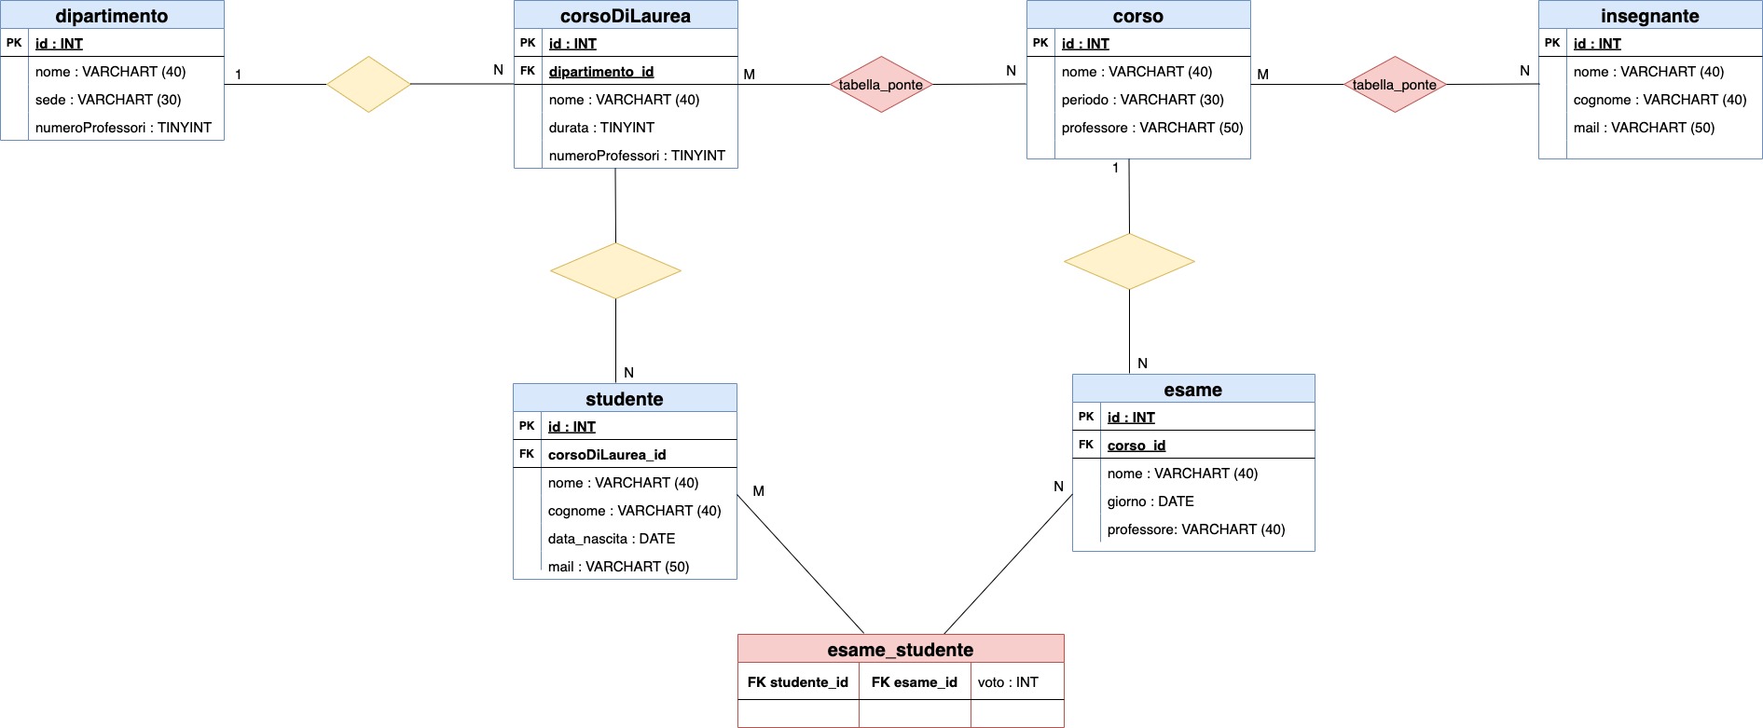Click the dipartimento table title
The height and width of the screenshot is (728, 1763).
tap(112, 16)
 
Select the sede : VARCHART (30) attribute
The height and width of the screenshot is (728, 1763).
tap(108, 100)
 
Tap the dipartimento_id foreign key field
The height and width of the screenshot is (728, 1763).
tap(601, 72)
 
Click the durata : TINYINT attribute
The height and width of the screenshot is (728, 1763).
tap(601, 128)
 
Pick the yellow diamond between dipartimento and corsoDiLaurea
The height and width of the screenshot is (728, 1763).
tap(369, 85)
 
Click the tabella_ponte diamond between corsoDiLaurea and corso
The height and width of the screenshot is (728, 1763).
tap(881, 85)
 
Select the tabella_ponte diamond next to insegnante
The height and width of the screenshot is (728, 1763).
tap(1395, 85)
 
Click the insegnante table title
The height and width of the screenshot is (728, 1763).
tap(1649, 16)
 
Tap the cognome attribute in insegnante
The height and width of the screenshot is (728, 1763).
tap(1660, 100)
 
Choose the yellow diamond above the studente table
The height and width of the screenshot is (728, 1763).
tap(615, 271)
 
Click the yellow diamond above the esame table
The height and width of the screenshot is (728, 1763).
tap(1129, 262)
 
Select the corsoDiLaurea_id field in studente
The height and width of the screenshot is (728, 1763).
tap(607, 455)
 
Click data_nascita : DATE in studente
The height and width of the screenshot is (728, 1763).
tap(612, 539)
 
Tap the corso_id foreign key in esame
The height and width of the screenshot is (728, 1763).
tap(1136, 446)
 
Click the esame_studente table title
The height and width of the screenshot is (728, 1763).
tap(901, 650)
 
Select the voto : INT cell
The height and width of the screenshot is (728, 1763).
tap(1008, 682)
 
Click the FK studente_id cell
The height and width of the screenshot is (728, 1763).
tap(798, 682)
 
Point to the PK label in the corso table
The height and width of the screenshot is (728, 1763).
tap(1040, 43)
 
